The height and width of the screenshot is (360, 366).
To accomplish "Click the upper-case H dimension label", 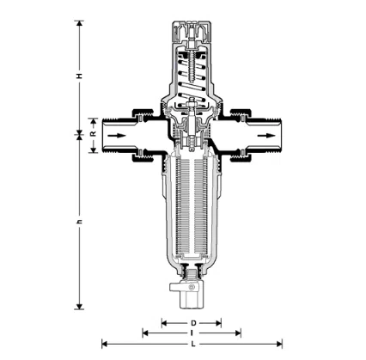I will [79, 76].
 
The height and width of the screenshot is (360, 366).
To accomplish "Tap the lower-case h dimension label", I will [79, 222].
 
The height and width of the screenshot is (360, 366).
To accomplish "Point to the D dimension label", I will [192, 323].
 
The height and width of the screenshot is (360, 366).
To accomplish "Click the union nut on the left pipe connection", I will [143, 135].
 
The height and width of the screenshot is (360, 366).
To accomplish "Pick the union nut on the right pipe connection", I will [241, 135].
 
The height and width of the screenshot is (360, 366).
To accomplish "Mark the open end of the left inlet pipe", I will [103, 136].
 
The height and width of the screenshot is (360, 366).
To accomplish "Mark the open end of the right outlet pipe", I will [283, 136].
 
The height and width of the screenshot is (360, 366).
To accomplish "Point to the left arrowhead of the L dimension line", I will [105, 345].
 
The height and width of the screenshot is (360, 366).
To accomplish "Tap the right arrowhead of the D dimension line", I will [221, 323].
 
